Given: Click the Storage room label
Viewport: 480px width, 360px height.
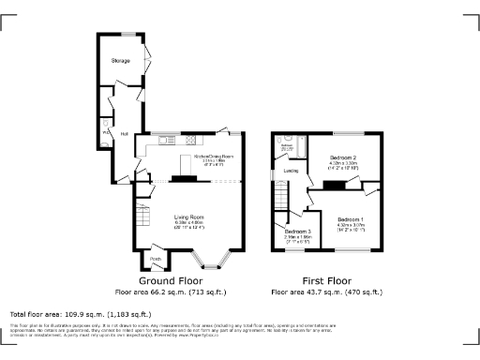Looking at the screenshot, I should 121,60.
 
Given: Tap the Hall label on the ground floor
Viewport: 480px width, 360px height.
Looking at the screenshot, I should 124,133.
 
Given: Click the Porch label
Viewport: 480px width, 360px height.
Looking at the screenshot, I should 156,259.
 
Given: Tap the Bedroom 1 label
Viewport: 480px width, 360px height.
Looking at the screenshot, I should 350,218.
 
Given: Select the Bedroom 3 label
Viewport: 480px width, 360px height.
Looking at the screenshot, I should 297,232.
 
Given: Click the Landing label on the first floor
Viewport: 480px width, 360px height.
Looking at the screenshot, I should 291,171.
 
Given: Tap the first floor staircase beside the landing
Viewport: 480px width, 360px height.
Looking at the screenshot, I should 280,198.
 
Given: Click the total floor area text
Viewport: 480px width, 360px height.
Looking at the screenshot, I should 80,314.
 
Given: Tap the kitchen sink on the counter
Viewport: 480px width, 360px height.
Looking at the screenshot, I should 166,142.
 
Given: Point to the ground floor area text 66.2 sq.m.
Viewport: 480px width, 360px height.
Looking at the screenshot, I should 172,292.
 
